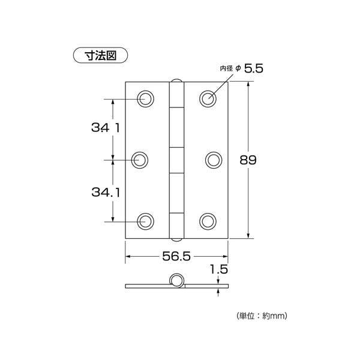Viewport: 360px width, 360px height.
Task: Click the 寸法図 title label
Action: pyautogui.click(x=100, y=55)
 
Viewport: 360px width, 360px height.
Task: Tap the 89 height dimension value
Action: pyautogui.click(x=248, y=160)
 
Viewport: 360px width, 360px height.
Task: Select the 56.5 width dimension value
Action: pyautogui.click(x=176, y=256)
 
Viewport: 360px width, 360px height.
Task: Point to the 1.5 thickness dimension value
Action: pyautogui.click(x=219, y=269)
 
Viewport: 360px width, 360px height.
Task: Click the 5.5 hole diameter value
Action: pyautogui.click(x=253, y=68)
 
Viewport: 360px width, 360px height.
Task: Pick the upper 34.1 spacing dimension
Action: pyautogui.click(x=106, y=128)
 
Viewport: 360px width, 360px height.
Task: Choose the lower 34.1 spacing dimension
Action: pyautogui.click(x=106, y=192)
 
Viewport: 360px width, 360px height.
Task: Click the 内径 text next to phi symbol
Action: pyautogui.click(x=226, y=68)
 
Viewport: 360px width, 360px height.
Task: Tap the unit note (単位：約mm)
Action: pyautogui.click(x=262, y=316)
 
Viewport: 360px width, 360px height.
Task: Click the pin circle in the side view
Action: pyautogui.click(x=176, y=275)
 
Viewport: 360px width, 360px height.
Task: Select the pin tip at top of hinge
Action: pyautogui.click(x=176, y=80)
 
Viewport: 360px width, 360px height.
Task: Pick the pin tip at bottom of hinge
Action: pyautogui.click(x=176, y=240)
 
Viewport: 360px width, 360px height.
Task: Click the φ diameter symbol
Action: pyautogui.click(x=238, y=68)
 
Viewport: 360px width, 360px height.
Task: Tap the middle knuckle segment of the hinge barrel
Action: pyautogui.click(x=176, y=160)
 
